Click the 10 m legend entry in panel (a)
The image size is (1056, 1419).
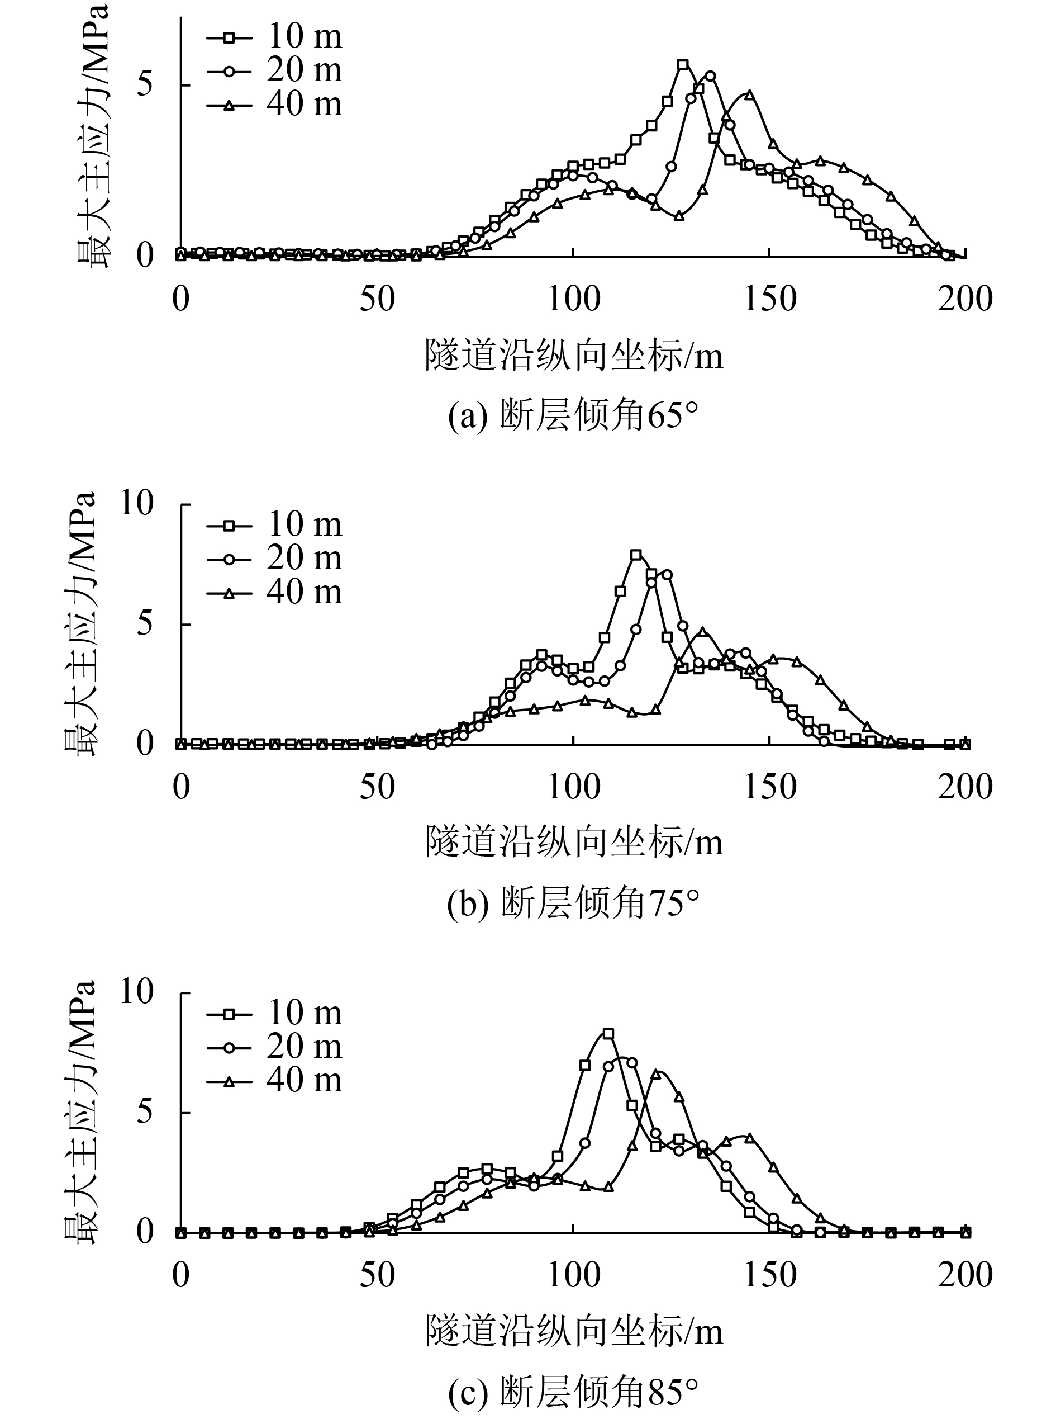(x=275, y=36)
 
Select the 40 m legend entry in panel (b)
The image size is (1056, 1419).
(x=275, y=592)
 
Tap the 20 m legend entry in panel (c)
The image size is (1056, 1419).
(x=275, y=1046)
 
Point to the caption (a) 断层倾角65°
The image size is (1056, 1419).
(x=573, y=417)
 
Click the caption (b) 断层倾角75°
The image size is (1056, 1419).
(x=573, y=904)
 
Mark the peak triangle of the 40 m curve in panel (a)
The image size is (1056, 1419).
(x=749, y=94)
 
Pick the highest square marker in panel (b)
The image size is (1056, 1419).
(x=635, y=555)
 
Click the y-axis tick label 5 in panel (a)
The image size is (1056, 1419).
(x=145, y=85)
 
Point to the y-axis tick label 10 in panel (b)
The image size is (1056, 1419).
(x=137, y=504)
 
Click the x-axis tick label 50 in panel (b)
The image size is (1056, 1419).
(x=377, y=787)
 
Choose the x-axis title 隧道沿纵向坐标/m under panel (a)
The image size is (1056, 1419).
(x=573, y=355)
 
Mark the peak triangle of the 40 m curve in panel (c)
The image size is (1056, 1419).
(x=655, y=1075)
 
